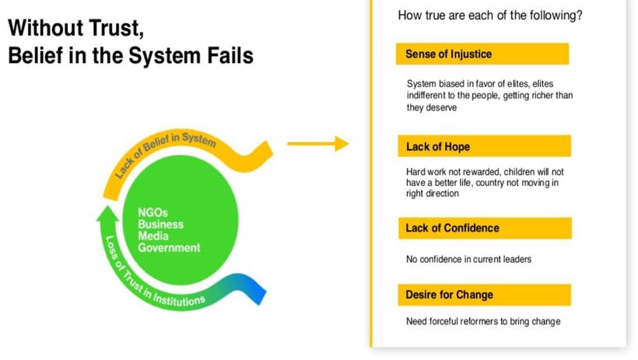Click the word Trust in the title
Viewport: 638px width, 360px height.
114,29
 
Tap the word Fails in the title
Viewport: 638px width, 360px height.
230,55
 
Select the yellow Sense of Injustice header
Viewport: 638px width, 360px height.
482,54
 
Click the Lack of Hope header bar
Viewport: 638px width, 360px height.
484,146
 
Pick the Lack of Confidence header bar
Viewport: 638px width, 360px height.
485,228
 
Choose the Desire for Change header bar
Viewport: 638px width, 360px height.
484,295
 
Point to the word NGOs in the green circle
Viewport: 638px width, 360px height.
152,212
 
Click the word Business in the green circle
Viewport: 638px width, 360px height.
161,224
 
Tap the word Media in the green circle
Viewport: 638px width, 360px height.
153,236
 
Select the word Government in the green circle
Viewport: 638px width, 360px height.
169,248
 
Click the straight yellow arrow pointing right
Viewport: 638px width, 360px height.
317,144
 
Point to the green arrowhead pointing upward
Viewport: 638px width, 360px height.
107,213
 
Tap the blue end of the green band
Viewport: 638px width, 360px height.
254,288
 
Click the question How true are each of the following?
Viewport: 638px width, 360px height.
490,16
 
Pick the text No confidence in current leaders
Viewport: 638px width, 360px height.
468,259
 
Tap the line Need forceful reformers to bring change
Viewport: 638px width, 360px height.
483,321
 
